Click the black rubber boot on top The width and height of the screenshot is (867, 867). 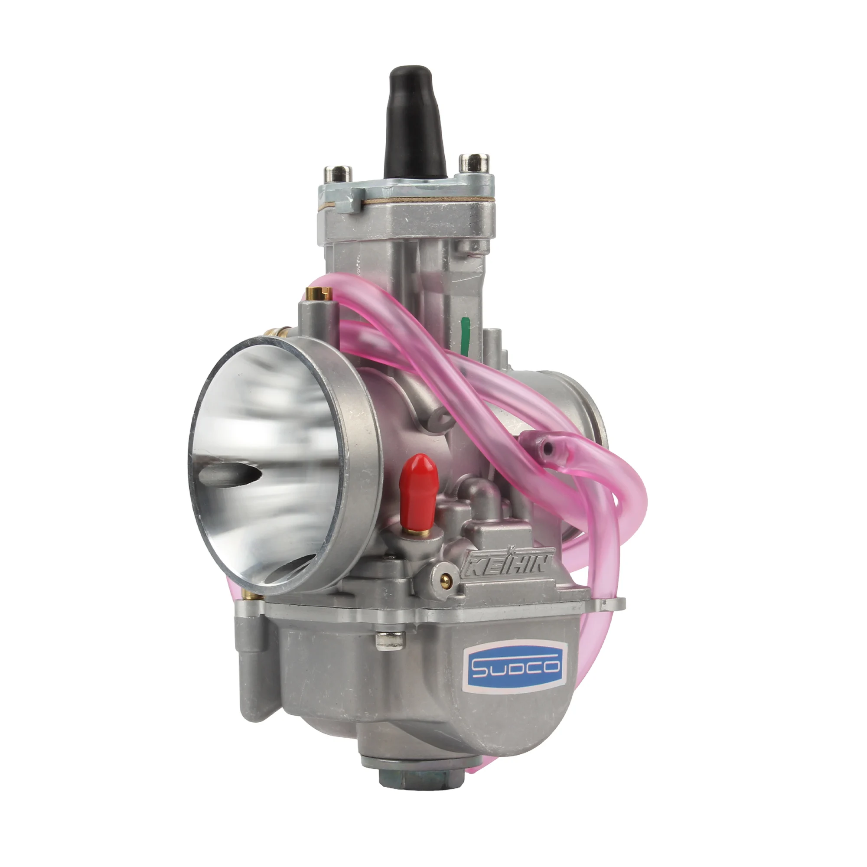pos(414,124)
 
